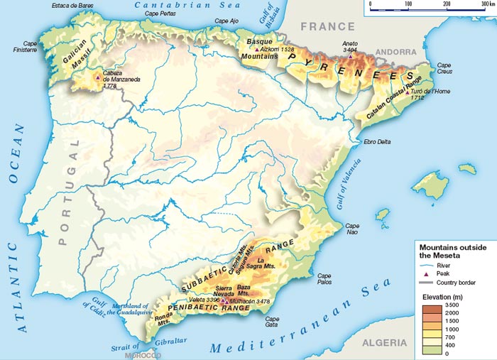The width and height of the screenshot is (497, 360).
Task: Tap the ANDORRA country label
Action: [395, 52]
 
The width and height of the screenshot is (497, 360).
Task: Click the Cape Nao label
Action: [353, 228]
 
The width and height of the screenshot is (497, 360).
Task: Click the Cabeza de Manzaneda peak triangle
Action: [97, 76]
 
